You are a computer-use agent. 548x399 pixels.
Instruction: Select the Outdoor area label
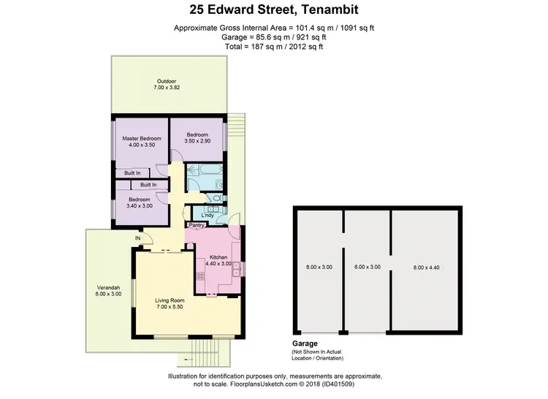pyautogui.click(x=165, y=81)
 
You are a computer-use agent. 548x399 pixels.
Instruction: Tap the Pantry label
pyautogui.click(x=196, y=226)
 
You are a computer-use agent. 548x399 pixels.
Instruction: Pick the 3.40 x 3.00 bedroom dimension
pyautogui.click(x=140, y=206)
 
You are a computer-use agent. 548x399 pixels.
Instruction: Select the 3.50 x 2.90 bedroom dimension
pyautogui.click(x=198, y=142)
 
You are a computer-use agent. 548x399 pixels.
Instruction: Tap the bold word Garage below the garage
pyautogui.click(x=305, y=342)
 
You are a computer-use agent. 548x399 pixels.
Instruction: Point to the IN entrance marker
pyautogui.click(x=137, y=238)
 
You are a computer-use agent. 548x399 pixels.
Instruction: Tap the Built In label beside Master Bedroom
pyautogui.click(x=132, y=172)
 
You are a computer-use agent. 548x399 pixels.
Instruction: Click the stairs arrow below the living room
pyautogui.click(x=189, y=359)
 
